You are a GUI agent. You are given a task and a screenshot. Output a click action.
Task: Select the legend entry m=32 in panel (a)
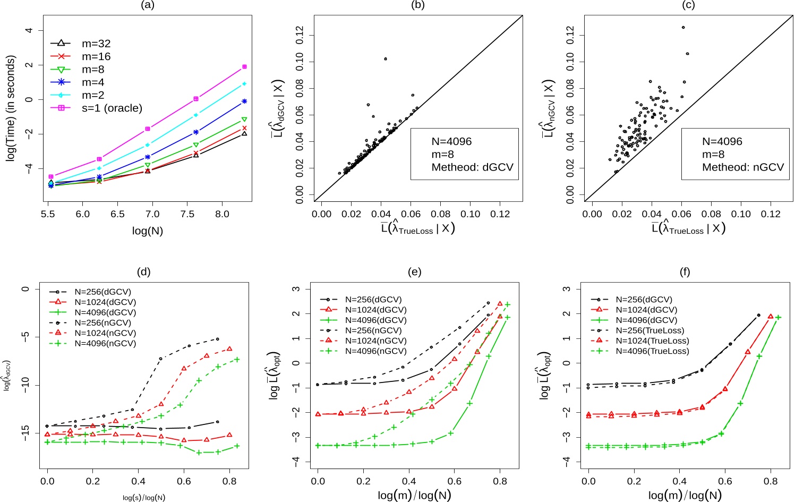point(96,44)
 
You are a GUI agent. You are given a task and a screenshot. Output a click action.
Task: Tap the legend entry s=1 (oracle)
point(112,108)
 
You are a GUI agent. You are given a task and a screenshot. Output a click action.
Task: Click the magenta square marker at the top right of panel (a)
point(244,67)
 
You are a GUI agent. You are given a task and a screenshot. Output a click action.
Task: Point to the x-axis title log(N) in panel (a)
point(147,231)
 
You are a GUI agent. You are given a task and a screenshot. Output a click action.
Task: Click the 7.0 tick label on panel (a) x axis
point(152,214)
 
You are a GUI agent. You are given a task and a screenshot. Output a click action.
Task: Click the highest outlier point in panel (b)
point(386,59)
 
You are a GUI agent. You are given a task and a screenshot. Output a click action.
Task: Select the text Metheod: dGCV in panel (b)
point(472,167)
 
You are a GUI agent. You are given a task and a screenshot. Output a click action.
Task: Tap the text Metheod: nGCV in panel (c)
point(742,167)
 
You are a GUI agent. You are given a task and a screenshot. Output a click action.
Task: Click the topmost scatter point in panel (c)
point(683,28)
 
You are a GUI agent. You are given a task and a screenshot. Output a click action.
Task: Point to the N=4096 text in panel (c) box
point(722,142)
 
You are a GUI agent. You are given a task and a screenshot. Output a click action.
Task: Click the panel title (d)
point(143,272)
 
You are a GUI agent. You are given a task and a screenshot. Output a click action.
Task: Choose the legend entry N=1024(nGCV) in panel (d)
point(105,333)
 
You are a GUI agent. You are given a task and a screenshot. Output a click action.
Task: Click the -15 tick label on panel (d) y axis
point(24,433)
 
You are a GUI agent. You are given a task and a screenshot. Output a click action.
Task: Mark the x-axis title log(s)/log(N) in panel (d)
point(143,498)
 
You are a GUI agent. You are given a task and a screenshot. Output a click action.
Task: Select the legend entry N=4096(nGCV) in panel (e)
point(375,351)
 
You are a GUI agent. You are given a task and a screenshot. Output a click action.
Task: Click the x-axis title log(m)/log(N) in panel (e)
point(414,496)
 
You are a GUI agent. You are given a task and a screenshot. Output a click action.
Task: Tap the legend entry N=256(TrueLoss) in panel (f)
point(649,330)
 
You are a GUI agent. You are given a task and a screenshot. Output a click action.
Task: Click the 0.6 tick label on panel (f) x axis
point(725,482)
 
